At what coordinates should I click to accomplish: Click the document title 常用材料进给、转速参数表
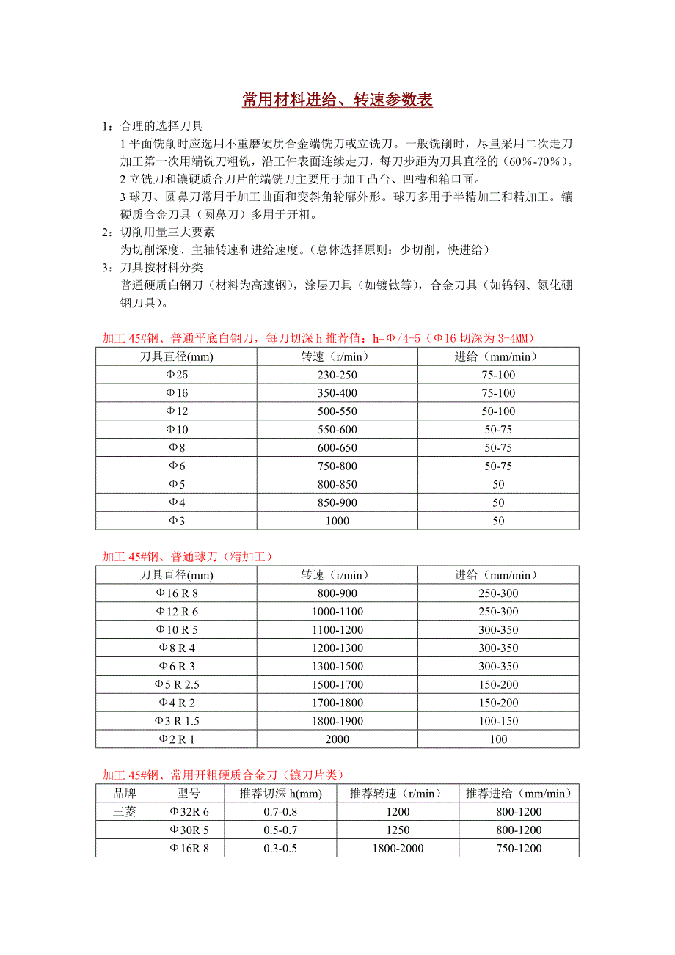pyautogui.click(x=337, y=101)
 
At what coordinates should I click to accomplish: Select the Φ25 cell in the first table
pyautogui.click(x=177, y=375)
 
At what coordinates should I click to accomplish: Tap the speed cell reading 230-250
pyautogui.click(x=337, y=375)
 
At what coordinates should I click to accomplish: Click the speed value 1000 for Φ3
pyautogui.click(x=337, y=521)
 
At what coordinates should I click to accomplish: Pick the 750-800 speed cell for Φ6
pyautogui.click(x=337, y=466)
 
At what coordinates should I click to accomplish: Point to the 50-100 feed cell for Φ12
pyautogui.click(x=499, y=411)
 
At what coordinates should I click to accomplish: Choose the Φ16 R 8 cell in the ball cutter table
pyautogui.click(x=177, y=593)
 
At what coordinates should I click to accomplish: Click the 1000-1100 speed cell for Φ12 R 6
pyautogui.click(x=337, y=612)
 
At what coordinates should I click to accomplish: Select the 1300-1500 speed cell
pyautogui.click(x=337, y=666)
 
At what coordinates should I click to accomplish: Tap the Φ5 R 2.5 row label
pyautogui.click(x=177, y=684)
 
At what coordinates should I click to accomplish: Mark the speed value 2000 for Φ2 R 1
pyautogui.click(x=337, y=739)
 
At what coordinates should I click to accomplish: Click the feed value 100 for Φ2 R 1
pyautogui.click(x=499, y=739)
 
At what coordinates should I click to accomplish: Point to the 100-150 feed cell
pyautogui.click(x=499, y=721)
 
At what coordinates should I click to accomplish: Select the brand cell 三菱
pyautogui.click(x=125, y=811)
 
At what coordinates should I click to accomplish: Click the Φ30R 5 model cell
pyautogui.click(x=189, y=830)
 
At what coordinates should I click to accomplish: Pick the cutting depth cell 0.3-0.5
pyautogui.click(x=281, y=848)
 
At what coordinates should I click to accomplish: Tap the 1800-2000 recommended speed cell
pyautogui.click(x=398, y=848)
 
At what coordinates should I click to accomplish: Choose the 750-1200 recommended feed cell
pyautogui.click(x=519, y=848)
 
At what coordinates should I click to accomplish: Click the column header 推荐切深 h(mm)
pyautogui.click(x=281, y=794)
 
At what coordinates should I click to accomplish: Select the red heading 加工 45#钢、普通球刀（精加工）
pyautogui.click(x=188, y=557)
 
